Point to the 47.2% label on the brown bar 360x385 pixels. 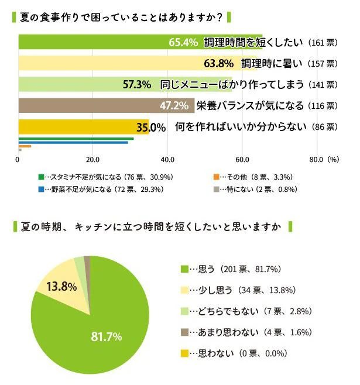tap(174, 105)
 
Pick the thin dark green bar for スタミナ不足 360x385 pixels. tap(76, 138)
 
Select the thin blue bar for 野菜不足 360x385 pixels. tap(73, 142)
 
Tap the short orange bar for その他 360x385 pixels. tap(25, 146)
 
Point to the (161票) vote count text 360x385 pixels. tap(322, 43)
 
